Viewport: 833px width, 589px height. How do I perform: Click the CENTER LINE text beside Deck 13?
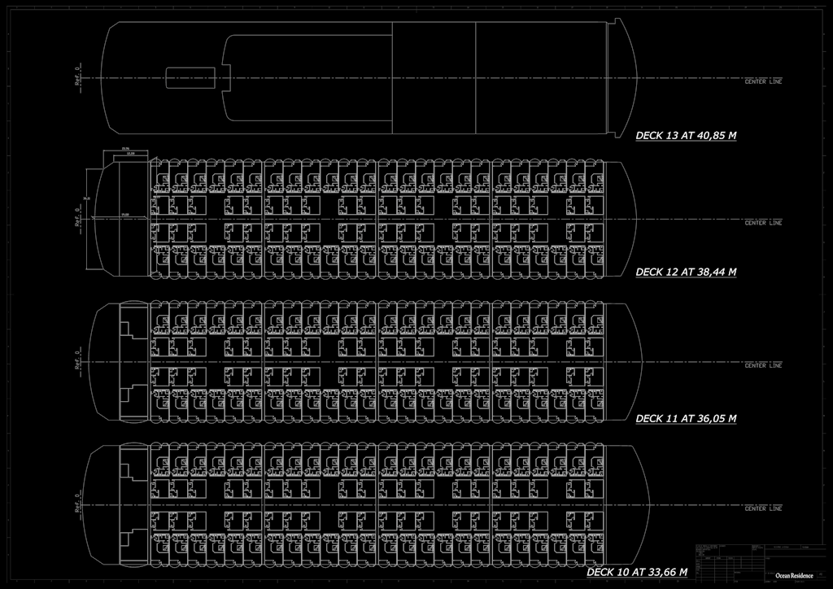tap(763, 82)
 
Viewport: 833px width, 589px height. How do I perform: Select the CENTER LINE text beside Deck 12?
tap(763, 223)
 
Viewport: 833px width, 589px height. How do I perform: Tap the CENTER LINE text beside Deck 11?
tap(763, 365)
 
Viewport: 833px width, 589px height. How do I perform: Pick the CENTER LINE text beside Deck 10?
tap(763, 508)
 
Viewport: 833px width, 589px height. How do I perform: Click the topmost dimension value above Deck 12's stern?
tap(125, 148)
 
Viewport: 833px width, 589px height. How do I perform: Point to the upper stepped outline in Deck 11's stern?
tap(129, 329)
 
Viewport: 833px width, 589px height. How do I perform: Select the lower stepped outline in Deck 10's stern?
tap(129, 538)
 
